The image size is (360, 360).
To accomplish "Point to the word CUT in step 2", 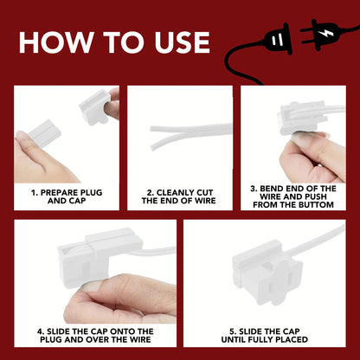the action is point(202,193).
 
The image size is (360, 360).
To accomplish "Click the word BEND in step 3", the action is point(271,189).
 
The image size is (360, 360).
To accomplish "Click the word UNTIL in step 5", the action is point(233,339).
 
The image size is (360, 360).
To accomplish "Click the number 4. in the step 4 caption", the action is point(41,331).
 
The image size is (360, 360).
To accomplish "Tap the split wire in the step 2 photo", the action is point(190,134).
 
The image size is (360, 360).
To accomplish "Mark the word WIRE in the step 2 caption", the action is point(204,201).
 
